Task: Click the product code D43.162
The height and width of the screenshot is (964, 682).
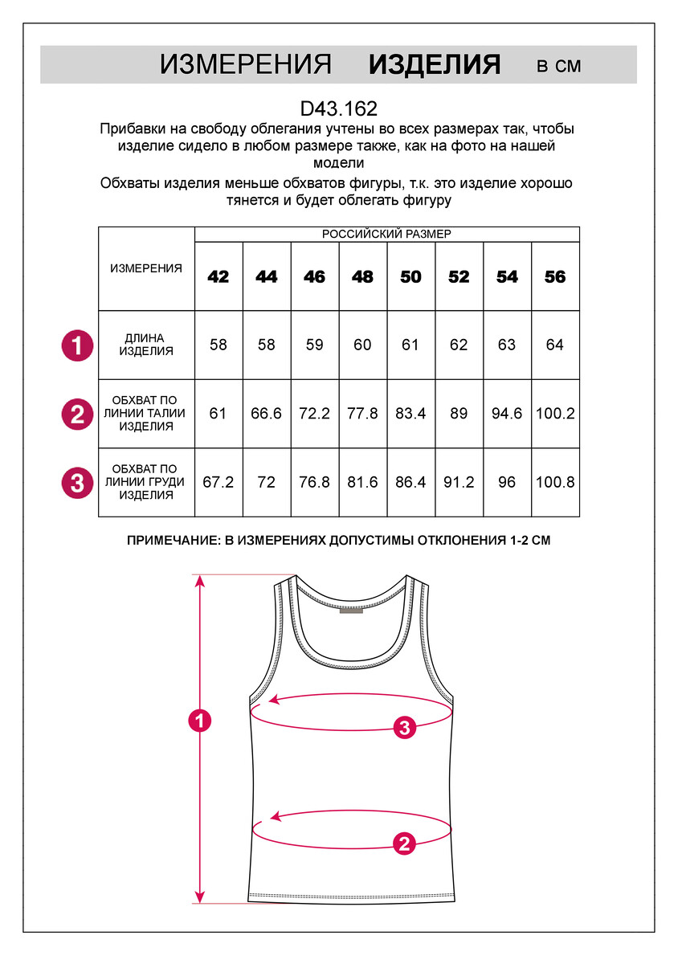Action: coord(338,108)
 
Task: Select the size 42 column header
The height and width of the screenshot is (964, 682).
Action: coord(218,276)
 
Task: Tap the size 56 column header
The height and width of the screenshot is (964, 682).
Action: coord(555,276)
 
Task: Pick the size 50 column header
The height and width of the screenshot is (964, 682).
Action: coord(410,276)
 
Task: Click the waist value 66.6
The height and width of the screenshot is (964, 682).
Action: coord(267,414)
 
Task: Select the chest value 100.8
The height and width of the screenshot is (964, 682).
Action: coord(555,483)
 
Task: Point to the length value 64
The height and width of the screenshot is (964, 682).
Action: coord(555,345)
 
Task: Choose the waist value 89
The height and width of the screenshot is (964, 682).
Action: coord(459,414)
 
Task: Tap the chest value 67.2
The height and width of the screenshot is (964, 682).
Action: coord(218,483)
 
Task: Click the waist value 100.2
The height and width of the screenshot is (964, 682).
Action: coord(555,414)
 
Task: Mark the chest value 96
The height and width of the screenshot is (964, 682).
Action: coord(507,483)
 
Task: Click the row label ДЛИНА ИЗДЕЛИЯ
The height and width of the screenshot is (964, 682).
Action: coord(146,345)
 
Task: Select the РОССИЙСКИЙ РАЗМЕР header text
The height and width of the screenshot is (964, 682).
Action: coord(386,234)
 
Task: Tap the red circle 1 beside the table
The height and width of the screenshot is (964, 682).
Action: coord(77,346)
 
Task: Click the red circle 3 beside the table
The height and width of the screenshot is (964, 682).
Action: coord(77,484)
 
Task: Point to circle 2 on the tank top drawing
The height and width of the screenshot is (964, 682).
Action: coord(404,843)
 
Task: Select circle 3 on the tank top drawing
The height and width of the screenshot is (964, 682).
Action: coord(405,728)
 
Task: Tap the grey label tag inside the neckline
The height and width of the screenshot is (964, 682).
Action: coord(350,611)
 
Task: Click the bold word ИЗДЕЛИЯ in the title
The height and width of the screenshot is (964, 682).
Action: coord(435,65)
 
